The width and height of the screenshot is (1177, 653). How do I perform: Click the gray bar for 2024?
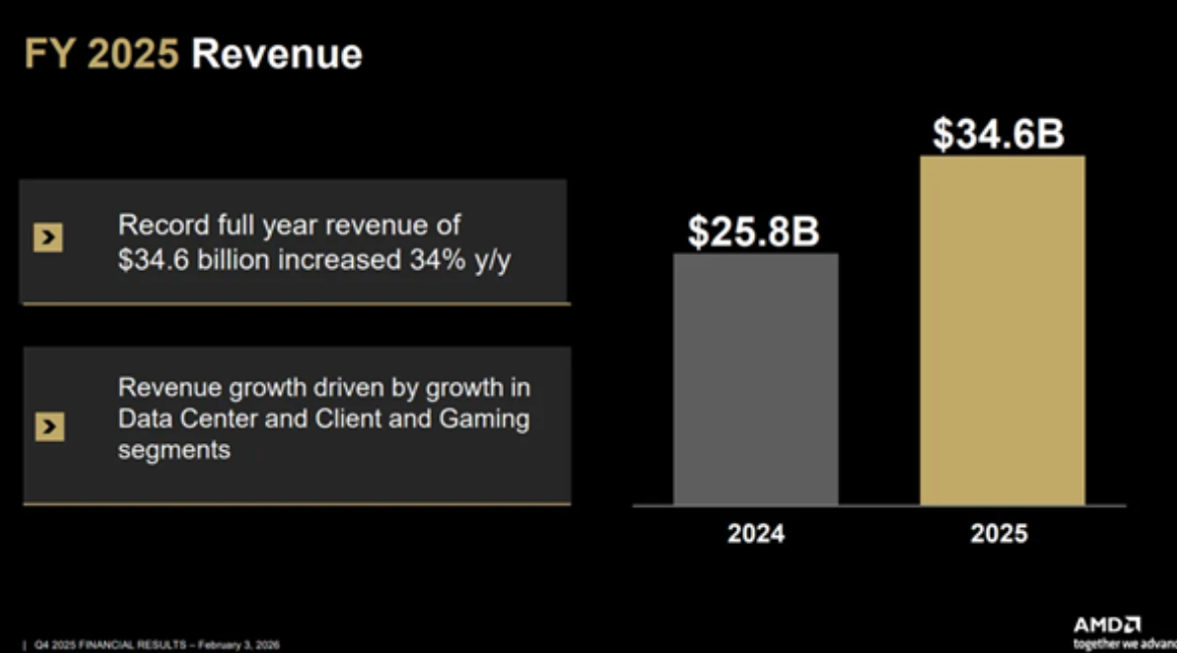point(755,379)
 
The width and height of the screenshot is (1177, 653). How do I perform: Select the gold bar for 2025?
point(1002,330)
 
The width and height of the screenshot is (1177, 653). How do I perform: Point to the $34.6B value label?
point(999,135)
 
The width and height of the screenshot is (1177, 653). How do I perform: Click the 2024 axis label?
point(756,534)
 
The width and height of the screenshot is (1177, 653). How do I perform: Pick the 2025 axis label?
point(999,534)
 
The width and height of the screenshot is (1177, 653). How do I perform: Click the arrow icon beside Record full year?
point(47,238)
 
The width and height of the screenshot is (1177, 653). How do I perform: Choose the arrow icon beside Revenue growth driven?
point(47,425)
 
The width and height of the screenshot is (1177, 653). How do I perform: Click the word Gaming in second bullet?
point(482,420)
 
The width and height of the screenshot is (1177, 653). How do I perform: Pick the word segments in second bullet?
point(173,450)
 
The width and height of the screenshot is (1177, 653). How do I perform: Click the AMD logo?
point(1107,625)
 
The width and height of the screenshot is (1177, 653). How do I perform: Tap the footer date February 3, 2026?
point(240,645)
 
